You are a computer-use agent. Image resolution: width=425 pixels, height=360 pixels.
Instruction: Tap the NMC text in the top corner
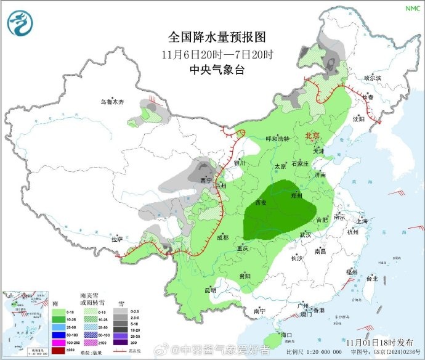tap(411, 8)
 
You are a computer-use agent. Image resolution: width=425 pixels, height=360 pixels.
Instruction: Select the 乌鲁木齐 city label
tap(113, 102)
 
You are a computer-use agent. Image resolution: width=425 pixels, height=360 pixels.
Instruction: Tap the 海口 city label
tap(286, 334)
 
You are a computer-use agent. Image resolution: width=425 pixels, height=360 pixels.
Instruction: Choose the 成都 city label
tap(222, 237)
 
